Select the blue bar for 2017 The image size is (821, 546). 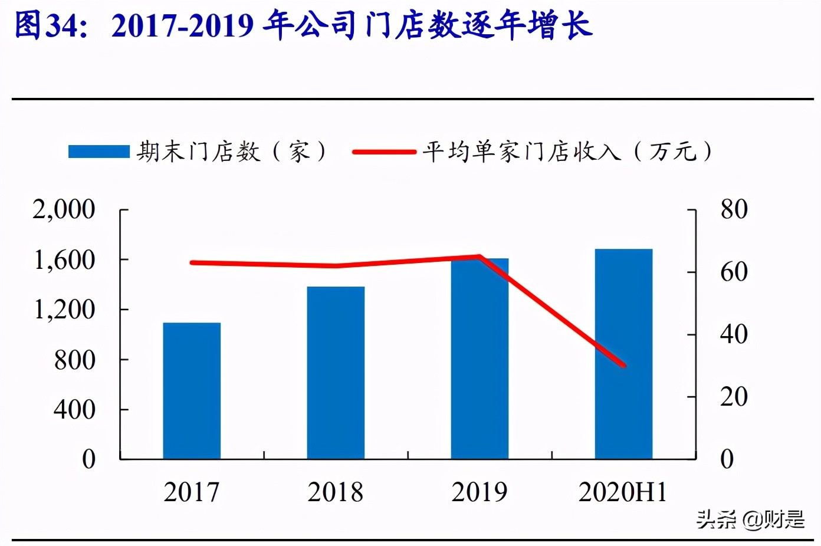192,390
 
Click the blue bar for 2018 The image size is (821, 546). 336,373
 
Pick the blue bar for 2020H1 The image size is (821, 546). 623,354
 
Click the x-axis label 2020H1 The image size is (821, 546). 623,492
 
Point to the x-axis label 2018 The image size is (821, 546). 336,492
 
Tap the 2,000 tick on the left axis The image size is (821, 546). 64,209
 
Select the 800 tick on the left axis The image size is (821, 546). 74,360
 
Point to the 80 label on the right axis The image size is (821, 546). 734,209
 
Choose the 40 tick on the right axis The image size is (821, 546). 734,334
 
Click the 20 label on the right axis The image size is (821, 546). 734,397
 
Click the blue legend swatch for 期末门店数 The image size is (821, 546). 98,152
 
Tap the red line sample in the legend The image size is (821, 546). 384,152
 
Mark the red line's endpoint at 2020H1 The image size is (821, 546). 623,366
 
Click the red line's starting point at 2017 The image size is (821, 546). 192,262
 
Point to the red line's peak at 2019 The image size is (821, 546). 480,256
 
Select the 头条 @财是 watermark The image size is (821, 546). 750,519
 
